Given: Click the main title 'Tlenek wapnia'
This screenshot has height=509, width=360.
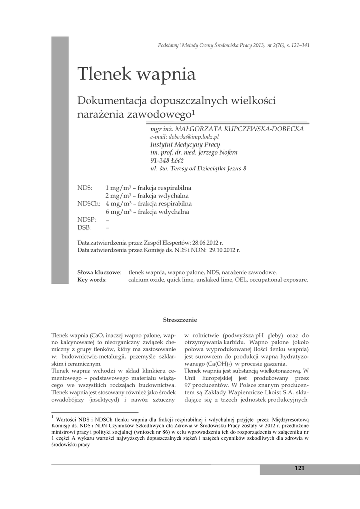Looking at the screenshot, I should (136, 74).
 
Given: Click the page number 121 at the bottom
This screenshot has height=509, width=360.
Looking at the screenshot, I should (299, 468).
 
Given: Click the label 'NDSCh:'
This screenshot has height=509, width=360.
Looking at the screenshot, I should (89, 204).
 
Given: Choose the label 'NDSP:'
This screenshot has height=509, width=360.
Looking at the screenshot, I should (87, 219).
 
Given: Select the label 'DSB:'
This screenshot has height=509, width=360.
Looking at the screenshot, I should (85, 227).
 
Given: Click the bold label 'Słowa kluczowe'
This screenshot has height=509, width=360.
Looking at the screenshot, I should (99, 272).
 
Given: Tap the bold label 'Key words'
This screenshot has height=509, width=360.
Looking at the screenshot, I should (91, 280).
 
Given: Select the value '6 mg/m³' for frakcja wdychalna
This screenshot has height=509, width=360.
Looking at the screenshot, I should (118, 212).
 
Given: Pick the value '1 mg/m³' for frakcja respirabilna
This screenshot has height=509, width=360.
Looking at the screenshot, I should (118, 188).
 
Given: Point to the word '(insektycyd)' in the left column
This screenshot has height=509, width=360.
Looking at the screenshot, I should (106, 399).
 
